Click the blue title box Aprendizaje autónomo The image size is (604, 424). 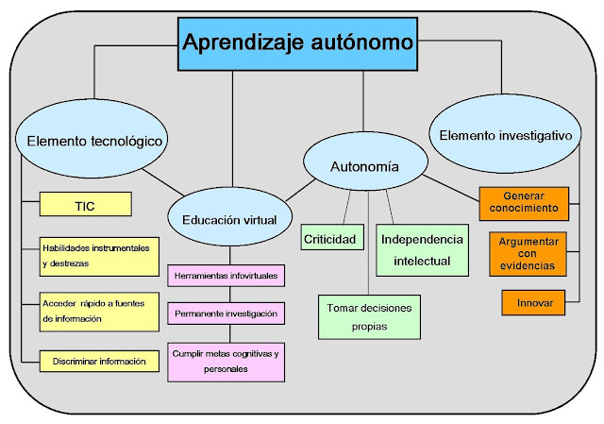click(x=297, y=43)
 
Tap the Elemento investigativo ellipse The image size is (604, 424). click(x=506, y=136)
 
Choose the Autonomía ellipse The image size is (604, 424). click(x=364, y=167)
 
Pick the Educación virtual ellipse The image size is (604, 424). click(x=228, y=220)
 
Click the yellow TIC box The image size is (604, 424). click(x=85, y=204)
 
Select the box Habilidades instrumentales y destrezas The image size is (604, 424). click(x=99, y=256)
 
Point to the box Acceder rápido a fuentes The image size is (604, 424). click(x=99, y=311)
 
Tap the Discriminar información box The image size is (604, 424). click(x=99, y=360)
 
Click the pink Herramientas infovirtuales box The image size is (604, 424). click(x=225, y=277)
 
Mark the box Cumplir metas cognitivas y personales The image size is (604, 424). click(x=225, y=361)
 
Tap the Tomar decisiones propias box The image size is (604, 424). click(x=369, y=316)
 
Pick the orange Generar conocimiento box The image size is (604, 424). click(x=524, y=201)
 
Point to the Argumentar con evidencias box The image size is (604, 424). click(x=528, y=254)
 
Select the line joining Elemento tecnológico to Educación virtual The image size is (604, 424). click(x=157, y=179)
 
